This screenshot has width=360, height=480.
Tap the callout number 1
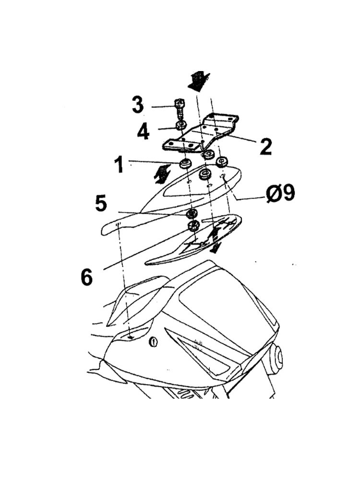(120, 164)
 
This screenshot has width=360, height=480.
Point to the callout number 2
(265, 146)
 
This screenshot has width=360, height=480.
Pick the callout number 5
(101, 203)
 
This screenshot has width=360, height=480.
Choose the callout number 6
(86, 277)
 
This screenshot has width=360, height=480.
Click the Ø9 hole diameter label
(280, 193)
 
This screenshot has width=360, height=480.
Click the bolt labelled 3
(180, 109)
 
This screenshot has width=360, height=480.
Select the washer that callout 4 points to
(181, 125)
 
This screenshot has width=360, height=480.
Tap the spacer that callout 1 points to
(185, 163)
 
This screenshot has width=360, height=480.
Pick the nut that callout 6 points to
(193, 226)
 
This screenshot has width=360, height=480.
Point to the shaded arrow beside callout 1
(163, 174)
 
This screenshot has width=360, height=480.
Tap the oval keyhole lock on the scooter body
(154, 341)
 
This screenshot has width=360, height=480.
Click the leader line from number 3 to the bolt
(163, 107)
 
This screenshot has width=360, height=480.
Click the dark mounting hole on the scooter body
(131, 337)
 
